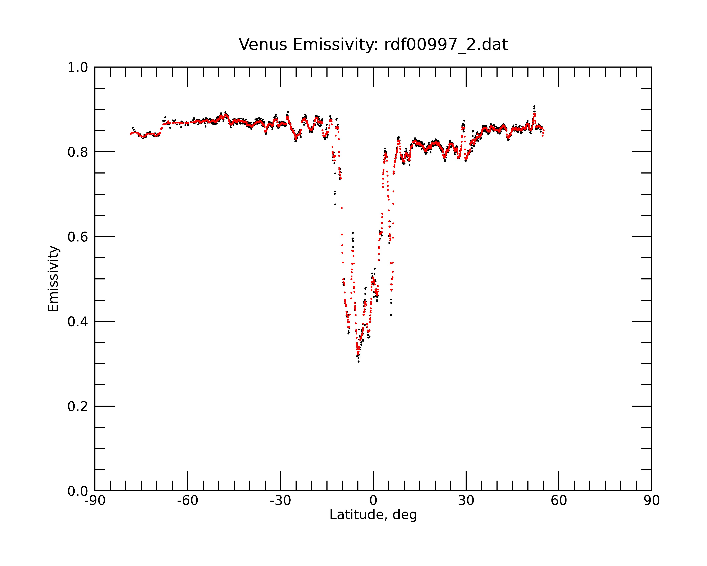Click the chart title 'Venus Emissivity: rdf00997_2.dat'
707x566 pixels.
(x=373, y=45)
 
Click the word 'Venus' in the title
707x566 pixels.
(x=263, y=45)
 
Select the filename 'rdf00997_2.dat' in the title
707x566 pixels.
(x=446, y=45)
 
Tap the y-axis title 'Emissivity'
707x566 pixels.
(x=53, y=279)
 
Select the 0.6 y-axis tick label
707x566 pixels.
(x=78, y=237)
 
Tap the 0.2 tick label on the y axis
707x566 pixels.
(x=78, y=406)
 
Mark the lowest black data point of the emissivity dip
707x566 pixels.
(x=358, y=362)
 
